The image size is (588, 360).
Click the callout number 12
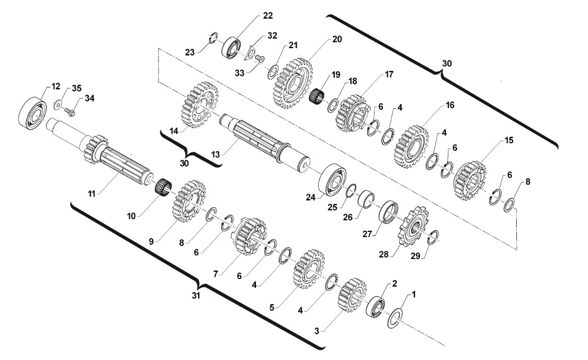pyautogui.click(x=55, y=87)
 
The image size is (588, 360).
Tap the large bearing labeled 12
pyautogui.click(x=32, y=113)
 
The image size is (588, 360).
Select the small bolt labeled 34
pyautogui.click(x=70, y=111)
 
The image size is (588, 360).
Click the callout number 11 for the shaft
pyautogui.click(x=92, y=194)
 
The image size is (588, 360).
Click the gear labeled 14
pyautogui.click(x=201, y=105)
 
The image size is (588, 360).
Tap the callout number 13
pyautogui.click(x=215, y=154)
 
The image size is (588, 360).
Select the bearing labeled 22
pyautogui.click(x=232, y=48)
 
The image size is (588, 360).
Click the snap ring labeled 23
pyautogui.click(x=213, y=38)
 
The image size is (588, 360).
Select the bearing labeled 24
pyautogui.click(x=332, y=179)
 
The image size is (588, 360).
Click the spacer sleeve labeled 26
pyautogui.click(x=367, y=199)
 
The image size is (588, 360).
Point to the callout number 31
pyautogui.click(x=196, y=296)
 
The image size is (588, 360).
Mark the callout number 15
pyautogui.click(x=508, y=140)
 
